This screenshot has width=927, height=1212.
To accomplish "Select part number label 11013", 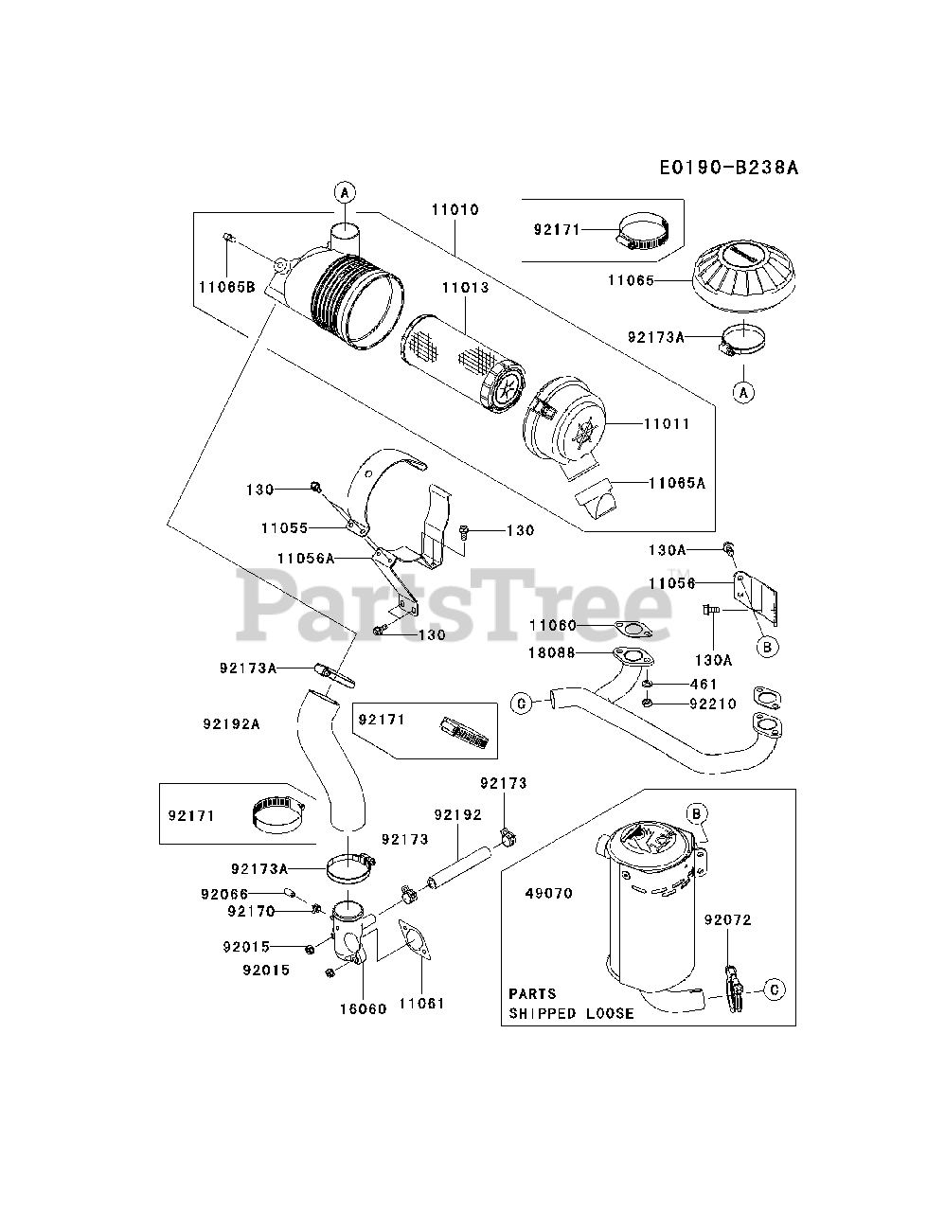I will click(x=464, y=287).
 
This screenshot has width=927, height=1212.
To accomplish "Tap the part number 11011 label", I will click(x=669, y=424).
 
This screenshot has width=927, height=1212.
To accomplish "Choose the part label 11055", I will click(x=286, y=526).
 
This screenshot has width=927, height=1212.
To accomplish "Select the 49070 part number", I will click(x=548, y=893).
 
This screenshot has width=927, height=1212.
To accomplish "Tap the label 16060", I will click(x=363, y=1008).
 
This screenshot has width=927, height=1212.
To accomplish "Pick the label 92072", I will click(x=726, y=918).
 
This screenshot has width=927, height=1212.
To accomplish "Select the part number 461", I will click(x=704, y=684).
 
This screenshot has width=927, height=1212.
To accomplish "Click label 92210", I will click(x=714, y=704).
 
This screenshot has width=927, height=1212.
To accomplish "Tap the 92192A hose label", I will click(x=231, y=724).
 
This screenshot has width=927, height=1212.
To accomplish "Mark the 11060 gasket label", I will click(x=553, y=625).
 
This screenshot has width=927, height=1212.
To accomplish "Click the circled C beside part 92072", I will click(x=775, y=990).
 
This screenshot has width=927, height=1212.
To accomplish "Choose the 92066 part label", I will click(x=223, y=894).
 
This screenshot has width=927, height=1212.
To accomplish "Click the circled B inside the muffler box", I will click(x=696, y=811).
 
